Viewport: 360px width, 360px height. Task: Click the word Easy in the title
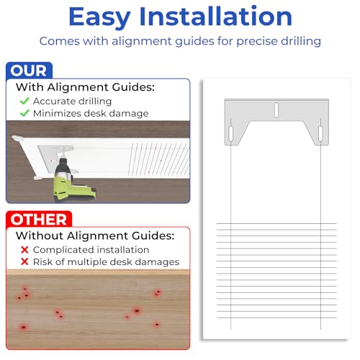(99, 17)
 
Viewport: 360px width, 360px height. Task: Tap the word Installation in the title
(216, 16)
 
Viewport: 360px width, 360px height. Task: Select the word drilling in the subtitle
(301, 41)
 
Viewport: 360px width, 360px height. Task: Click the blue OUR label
(29, 71)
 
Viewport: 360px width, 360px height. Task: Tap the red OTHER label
(39, 220)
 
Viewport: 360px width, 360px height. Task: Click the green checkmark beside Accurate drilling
(24, 101)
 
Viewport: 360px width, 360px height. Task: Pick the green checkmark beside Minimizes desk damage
(24, 113)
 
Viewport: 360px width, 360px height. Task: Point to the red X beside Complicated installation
(24, 250)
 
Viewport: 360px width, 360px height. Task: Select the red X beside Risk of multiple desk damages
(24, 261)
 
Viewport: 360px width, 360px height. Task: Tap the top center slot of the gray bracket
(276, 110)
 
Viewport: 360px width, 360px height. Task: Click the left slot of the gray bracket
(231, 133)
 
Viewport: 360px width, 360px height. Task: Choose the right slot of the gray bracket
(320, 133)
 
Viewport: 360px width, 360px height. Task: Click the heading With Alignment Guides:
(85, 87)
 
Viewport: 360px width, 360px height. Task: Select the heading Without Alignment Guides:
(95, 235)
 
